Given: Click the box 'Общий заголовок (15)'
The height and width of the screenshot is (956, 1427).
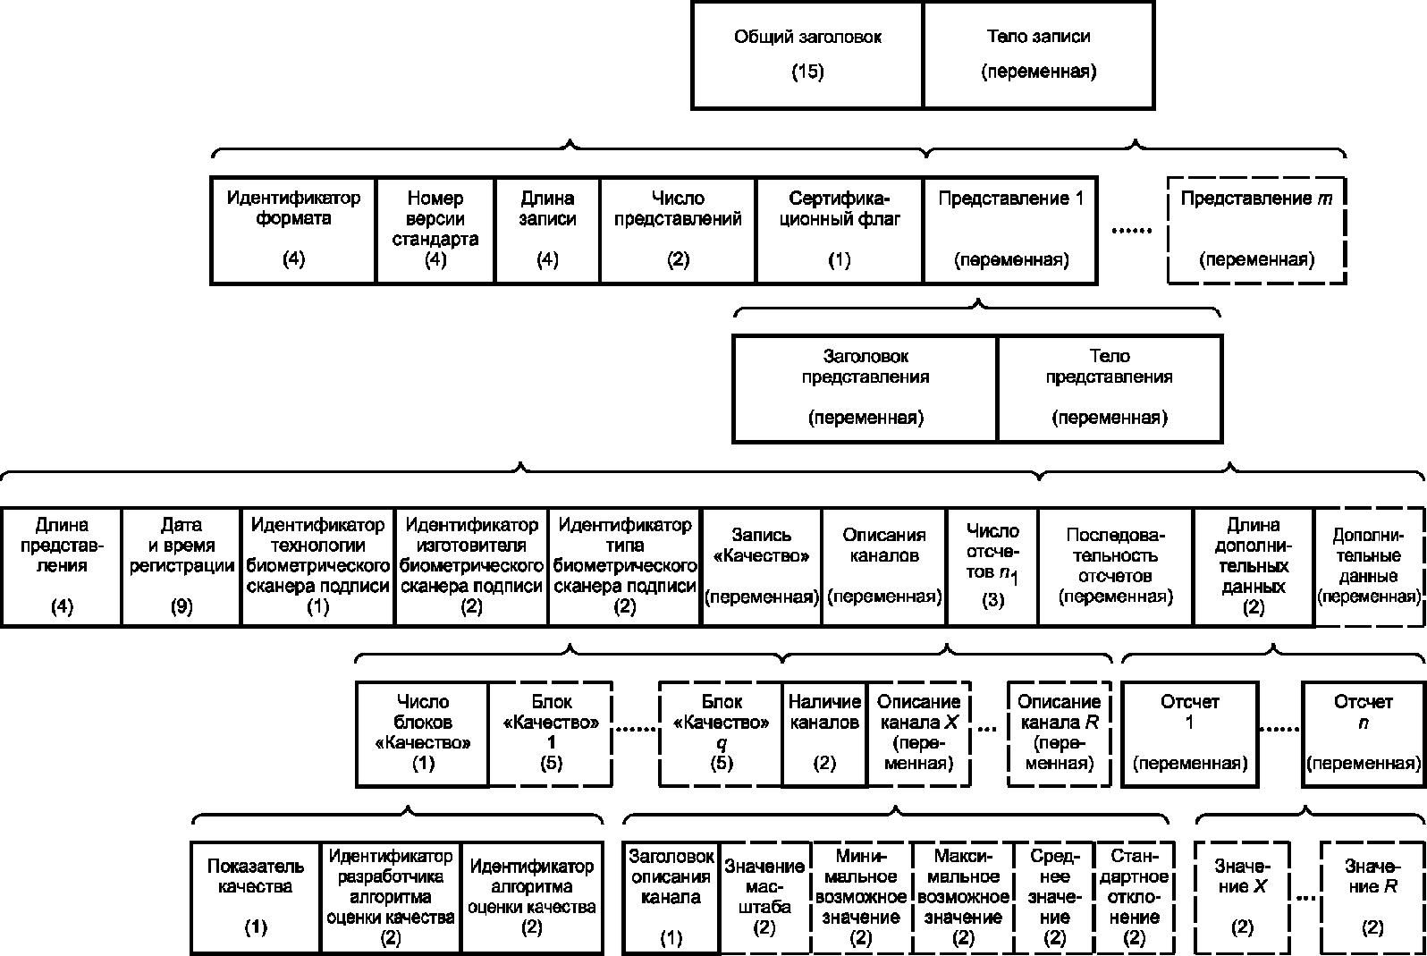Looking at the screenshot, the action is tap(807, 55).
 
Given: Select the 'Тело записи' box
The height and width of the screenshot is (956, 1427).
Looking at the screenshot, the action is tap(1038, 55).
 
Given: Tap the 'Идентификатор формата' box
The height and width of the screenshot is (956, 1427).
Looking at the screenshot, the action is tap(293, 230).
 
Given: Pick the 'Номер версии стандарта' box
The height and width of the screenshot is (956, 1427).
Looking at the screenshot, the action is tap(435, 230).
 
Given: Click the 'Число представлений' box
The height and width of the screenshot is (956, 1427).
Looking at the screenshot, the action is tap(678, 230).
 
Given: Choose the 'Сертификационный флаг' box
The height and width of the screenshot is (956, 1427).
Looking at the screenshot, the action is tap(839, 230).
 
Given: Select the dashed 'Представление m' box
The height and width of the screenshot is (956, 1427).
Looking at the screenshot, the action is tap(1256, 230).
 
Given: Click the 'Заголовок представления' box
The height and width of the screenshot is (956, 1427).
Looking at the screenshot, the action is tap(865, 389).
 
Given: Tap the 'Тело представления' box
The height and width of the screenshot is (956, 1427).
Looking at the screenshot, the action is tap(1109, 389).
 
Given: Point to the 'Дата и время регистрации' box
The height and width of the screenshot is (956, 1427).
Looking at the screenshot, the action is tap(182, 567).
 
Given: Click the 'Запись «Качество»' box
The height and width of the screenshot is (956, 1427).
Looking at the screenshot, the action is tap(761, 567).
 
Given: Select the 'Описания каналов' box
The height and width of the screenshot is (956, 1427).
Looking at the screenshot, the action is tap(884, 567).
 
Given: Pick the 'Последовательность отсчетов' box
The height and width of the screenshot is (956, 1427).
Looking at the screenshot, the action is tap(1116, 567).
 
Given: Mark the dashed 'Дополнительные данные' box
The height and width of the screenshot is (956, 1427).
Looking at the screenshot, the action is tap(1368, 567).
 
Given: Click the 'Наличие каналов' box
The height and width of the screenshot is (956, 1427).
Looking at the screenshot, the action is tap(824, 734).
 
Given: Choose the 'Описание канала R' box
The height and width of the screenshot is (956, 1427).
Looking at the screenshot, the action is tap(1059, 734).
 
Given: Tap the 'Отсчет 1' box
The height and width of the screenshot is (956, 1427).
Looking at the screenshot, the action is tap(1189, 734).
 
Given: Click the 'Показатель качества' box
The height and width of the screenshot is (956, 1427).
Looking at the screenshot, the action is tap(256, 898).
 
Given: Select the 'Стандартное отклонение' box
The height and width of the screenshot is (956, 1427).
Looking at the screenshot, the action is tap(1134, 898).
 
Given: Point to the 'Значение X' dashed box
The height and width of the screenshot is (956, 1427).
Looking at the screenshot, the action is tap(1242, 898).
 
